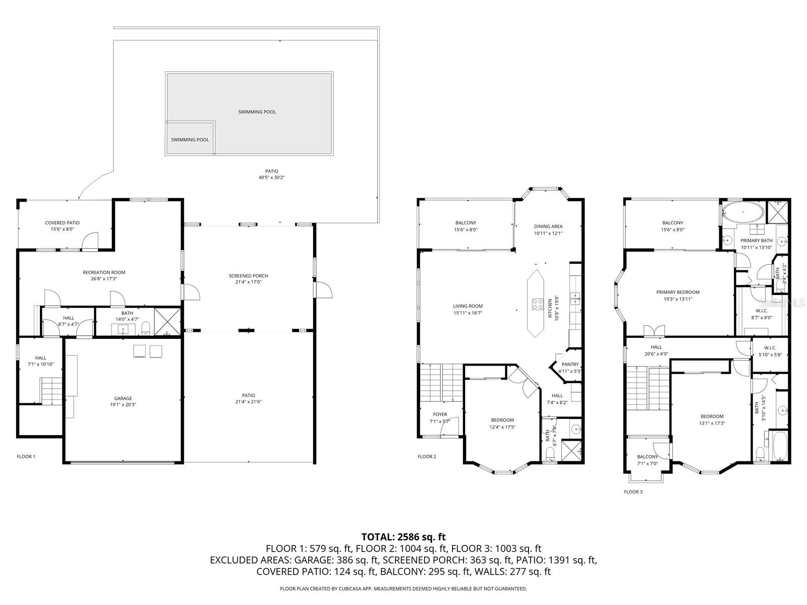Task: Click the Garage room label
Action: click(121, 398)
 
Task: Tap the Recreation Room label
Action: click(104, 272)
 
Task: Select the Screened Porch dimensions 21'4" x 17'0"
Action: click(248, 282)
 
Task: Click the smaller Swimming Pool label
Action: click(190, 140)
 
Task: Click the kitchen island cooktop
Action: click(537, 304)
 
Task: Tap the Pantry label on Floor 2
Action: click(570, 365)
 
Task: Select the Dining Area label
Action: click(548, 226)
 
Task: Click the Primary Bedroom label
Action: click(678, 292)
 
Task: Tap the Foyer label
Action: click(440, 414)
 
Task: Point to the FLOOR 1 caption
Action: click(26, 457)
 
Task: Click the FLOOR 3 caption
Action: click(633, 492)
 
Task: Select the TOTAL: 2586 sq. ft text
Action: click(403, 537)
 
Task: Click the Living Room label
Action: click(468, 306)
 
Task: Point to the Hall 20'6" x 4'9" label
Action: click(656, 347)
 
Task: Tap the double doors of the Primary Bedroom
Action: click(654, 331)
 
